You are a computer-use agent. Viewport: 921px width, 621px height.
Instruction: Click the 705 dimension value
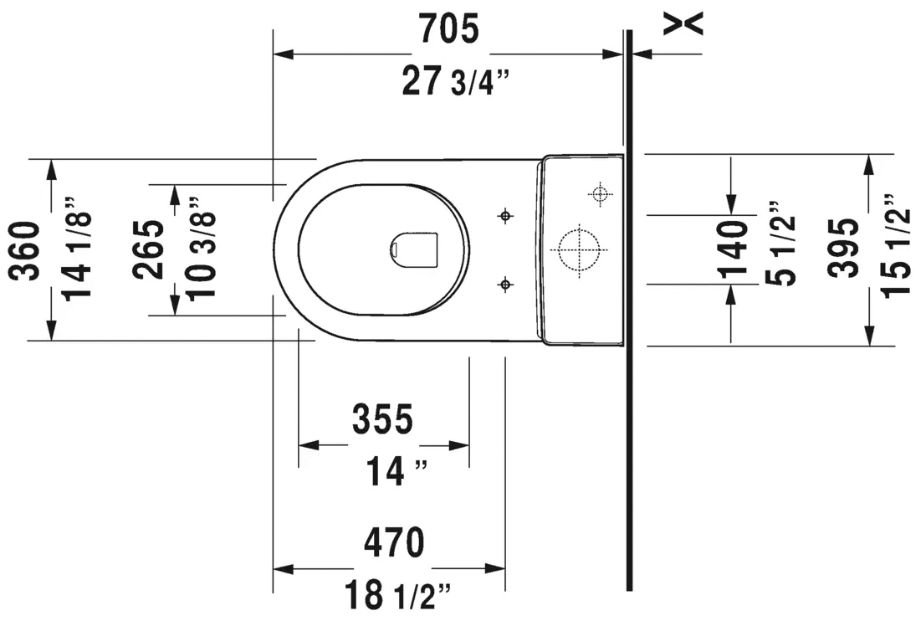click(x=448, y=28)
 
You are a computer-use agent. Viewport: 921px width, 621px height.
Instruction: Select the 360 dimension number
click(x=27, y=250)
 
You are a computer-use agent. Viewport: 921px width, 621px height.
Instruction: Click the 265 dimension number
click(x=148, y=249)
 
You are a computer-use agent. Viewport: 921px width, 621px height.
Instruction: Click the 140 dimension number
click(x=732, y=249)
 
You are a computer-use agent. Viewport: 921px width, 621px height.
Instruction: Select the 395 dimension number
click(x=843, y=248)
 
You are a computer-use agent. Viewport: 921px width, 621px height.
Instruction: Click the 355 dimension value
click(x=383, y=419)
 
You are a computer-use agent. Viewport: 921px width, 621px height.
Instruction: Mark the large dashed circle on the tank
click(x=579, y=249)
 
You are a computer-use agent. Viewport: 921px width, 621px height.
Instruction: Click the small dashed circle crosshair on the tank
click(x=600, y=194)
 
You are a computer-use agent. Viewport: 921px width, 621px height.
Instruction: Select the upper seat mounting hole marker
click(x=504, y=216)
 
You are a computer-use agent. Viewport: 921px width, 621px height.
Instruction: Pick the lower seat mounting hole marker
click(x=504, y=285)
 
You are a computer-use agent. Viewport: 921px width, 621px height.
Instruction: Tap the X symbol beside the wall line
click(x=683, y=24)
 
